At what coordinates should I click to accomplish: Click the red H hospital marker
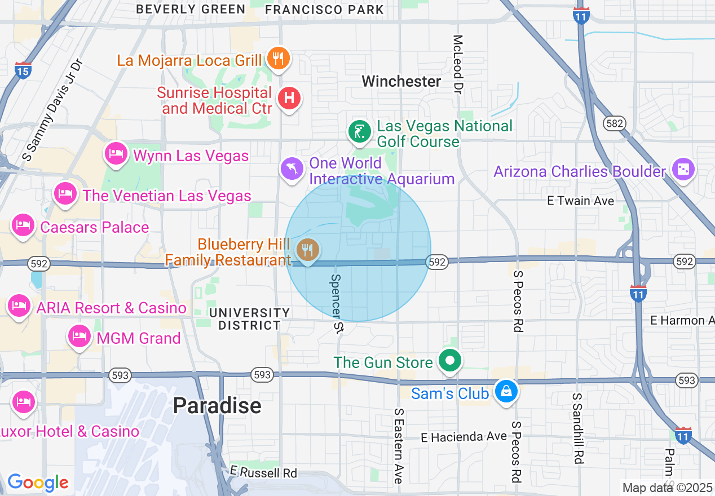pos(289,98)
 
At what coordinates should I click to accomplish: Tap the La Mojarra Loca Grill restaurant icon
pos(277,57)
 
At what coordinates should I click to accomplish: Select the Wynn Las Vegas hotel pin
pos(116,153)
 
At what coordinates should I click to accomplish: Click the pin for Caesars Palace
pos(23,225)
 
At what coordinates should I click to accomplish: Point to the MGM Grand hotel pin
pos(79,336)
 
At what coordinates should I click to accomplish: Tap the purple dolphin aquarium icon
pos(292,168)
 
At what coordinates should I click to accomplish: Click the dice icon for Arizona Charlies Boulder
pos(683,169)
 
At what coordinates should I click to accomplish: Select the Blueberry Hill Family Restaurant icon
pos(307,250)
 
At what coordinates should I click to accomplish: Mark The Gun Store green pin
pos(449,360)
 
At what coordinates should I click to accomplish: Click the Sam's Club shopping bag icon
pos(506,391)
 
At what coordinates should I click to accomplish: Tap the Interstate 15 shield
pos(23,69)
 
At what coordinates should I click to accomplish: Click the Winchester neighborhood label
pos(401,81)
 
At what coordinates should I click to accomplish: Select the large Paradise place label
pos(217,405)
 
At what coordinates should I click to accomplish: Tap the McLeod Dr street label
pos(458,64)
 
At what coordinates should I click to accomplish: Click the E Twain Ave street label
pos(581,201)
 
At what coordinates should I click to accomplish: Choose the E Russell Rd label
pos(263,472)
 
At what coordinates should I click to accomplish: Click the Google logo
pos(38,482)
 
